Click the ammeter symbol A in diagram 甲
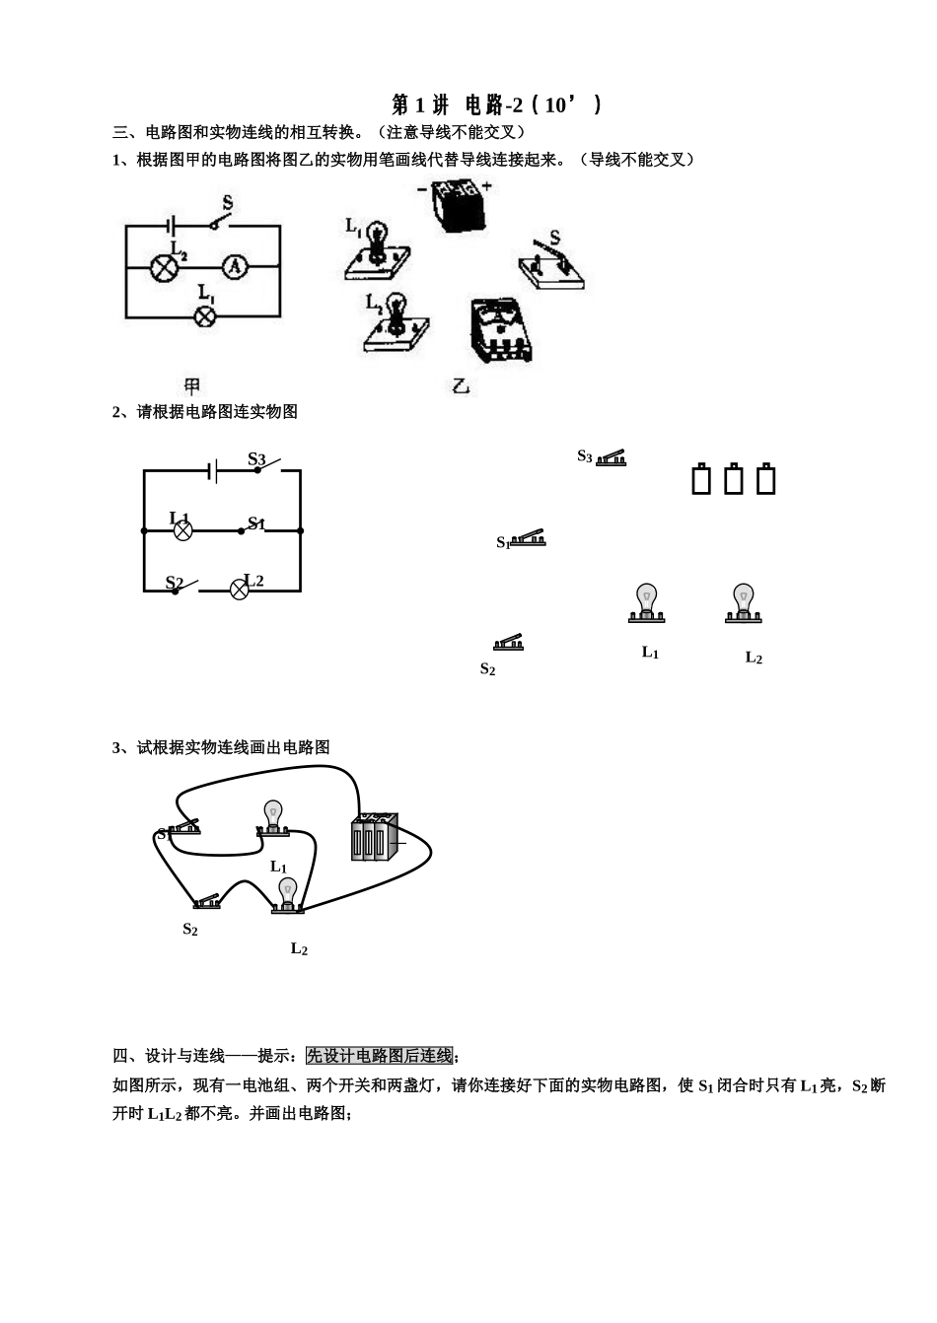(234, 266)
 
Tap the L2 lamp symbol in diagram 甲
(162, 267)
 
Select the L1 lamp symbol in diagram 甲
(205, 315)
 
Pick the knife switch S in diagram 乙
(550, 264)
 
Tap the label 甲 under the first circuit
(192, 386)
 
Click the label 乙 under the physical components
(461, 386)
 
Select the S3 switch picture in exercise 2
(611, 457)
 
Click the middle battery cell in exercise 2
(734, 479)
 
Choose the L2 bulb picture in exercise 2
(743, 603)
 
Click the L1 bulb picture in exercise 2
(646, 603)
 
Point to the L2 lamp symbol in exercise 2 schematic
(239, 590)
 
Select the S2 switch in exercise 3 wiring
(207, 901)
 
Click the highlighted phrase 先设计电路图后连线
(380, 1056)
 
